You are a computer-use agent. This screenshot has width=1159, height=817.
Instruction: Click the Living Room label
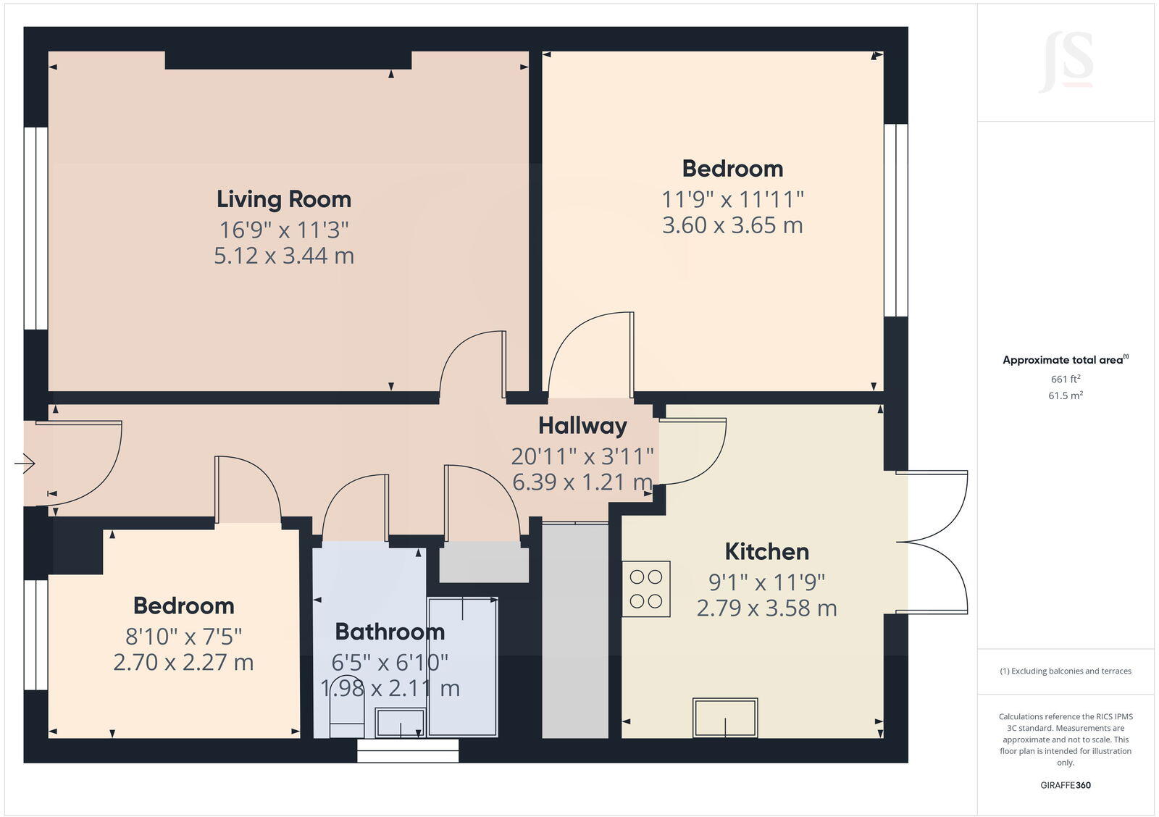tap(283, 199)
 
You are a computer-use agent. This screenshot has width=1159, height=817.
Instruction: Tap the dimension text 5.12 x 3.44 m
tap(283, 256)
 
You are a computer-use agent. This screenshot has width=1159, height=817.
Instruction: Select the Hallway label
tap(582, 426)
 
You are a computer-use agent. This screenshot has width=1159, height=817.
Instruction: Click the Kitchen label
tap(766, 552)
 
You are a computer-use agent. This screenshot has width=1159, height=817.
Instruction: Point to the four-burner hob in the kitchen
tap(645, 589)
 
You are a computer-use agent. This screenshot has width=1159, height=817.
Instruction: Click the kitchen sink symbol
tap(725, 717)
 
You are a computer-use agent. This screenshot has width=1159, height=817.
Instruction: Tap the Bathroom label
tap(390, 632)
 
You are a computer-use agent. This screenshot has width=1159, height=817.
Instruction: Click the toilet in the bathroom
tap(347, 718)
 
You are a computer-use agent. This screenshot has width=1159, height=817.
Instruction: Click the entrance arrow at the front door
tap(25, 463)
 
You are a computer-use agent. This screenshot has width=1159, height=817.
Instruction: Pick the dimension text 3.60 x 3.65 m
tap(732, 225)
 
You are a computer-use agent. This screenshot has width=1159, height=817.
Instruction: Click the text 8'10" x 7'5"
tap(183, 637)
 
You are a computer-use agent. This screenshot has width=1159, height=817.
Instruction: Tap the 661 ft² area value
tap(1066, 379)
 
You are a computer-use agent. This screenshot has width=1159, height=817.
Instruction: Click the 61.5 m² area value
tap(1066, 395)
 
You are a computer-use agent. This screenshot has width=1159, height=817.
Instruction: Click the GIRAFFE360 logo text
tap(1066, 785)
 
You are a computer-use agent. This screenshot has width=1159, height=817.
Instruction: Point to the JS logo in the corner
tap(1066, 63)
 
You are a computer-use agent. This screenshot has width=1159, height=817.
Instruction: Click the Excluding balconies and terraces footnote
tap(1066, 671)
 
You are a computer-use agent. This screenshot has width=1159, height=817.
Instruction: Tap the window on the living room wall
tap(35, 228)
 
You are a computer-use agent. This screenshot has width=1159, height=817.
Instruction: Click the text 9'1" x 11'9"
tap(766, 582)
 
